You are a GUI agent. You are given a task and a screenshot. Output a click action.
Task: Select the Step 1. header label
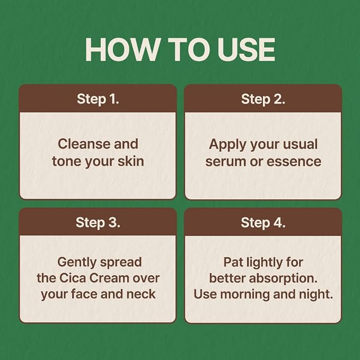pos(98,99)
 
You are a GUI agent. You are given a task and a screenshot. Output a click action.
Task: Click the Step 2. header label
pos(263,99)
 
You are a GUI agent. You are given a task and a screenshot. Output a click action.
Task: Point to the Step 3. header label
pos(98,223)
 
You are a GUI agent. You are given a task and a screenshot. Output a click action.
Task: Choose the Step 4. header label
pos(263,223)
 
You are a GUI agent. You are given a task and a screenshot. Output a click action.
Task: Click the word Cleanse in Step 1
pos(84,144)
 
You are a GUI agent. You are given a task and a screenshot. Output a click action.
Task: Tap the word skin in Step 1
pos(131,161)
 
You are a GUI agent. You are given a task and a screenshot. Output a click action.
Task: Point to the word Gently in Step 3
pos(77,263)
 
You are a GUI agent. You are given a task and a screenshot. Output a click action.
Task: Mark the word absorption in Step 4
pos(283,279)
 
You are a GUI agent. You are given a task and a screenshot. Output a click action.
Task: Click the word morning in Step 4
pos(245,295)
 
